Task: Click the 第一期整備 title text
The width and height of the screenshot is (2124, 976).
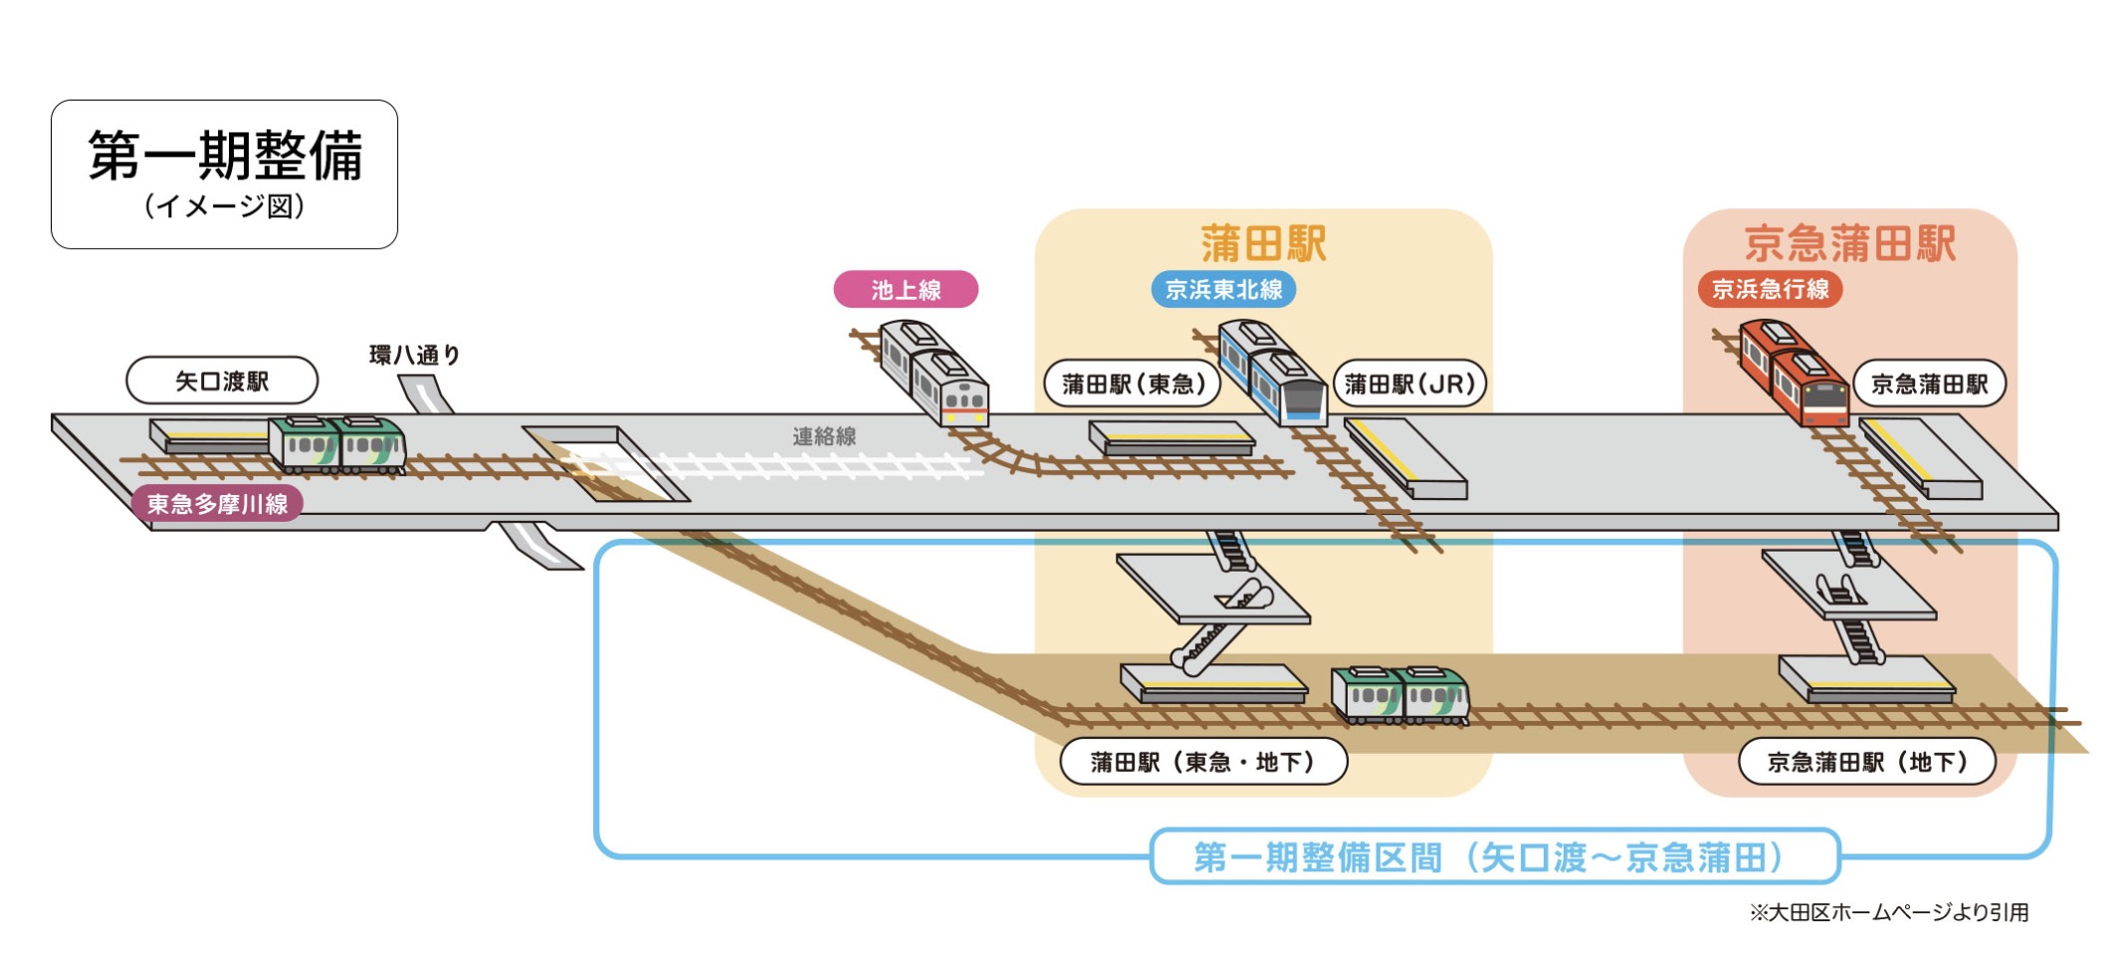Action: point(225,156)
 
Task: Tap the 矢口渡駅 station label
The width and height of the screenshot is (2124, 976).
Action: point(222,381)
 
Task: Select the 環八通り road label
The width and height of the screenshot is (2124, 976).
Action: point(414,355)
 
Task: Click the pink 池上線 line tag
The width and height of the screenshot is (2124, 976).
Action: point(906,290)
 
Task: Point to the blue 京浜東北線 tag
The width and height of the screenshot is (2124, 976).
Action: point(1223,290)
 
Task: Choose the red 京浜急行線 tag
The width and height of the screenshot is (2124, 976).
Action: point(1770,289)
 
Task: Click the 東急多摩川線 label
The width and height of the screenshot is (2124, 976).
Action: point(217,504)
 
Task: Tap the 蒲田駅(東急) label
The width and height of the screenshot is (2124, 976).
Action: point(1133,384)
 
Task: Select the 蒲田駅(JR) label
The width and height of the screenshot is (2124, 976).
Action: point(1409,384)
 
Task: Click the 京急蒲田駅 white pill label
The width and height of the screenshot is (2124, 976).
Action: point(1929,384)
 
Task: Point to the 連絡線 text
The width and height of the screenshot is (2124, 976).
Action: point(824,436)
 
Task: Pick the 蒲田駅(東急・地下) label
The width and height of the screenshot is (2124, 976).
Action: point(1203,762)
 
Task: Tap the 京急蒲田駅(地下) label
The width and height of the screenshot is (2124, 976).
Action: point(1867,762)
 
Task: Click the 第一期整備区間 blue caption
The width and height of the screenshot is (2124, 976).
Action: point(1494,856)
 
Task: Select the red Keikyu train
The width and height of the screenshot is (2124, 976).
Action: point(1795,372)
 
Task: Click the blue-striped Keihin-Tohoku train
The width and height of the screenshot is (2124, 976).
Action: point(1273,372)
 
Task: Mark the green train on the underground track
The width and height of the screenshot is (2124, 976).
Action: point(1400,694)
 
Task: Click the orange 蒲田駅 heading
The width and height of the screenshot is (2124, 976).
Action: point(1263,243)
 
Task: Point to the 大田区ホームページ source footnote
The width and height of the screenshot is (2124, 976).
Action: point(1888,912)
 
